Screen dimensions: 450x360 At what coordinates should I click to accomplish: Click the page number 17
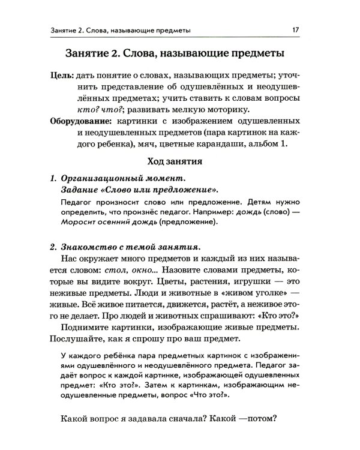click(x=295, y=29)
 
